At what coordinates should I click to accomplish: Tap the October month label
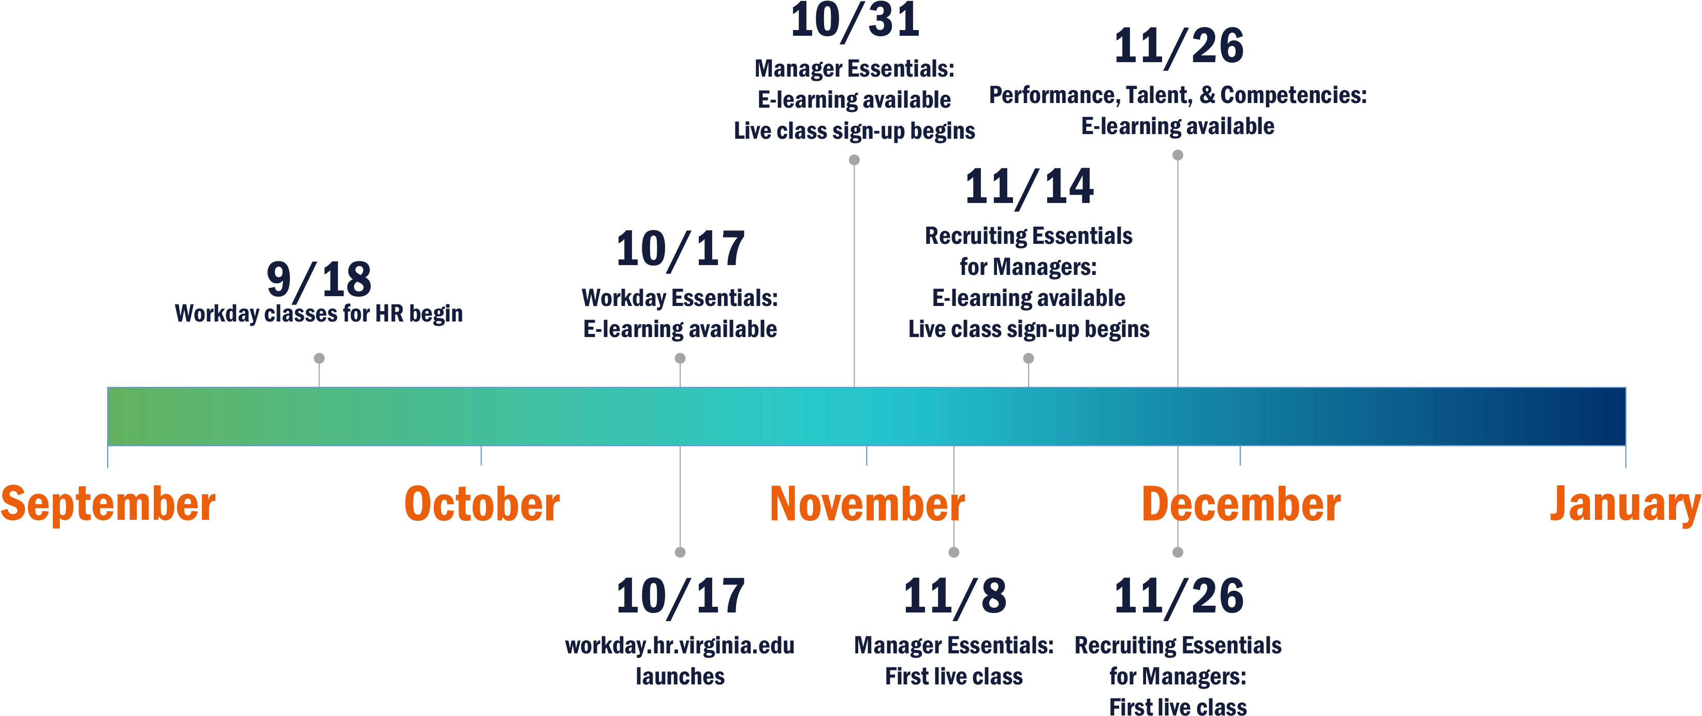[x=481, y=504]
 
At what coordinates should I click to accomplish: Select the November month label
[x=867, y=504]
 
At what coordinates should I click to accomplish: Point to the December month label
[x=1241, y=504]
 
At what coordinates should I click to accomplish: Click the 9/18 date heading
[x=319, y=280]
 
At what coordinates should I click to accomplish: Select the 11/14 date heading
[x=1029, y=187]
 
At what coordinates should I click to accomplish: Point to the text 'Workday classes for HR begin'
[x=318, y=313]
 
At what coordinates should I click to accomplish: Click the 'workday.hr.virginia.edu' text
[x=680, y=645]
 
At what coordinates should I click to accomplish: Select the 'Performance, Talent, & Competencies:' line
[x=1178, y=95]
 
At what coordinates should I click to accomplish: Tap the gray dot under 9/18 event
[x=319, y=358]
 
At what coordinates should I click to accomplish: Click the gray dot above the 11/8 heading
[x=954, y=552]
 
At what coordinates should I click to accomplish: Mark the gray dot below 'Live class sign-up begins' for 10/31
[x=854, y=160]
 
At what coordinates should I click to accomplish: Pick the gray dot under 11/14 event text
[x=1029, y=358]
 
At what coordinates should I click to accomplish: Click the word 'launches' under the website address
[x=680, y=676]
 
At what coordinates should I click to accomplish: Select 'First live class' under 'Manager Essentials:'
[x=954, y=676]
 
